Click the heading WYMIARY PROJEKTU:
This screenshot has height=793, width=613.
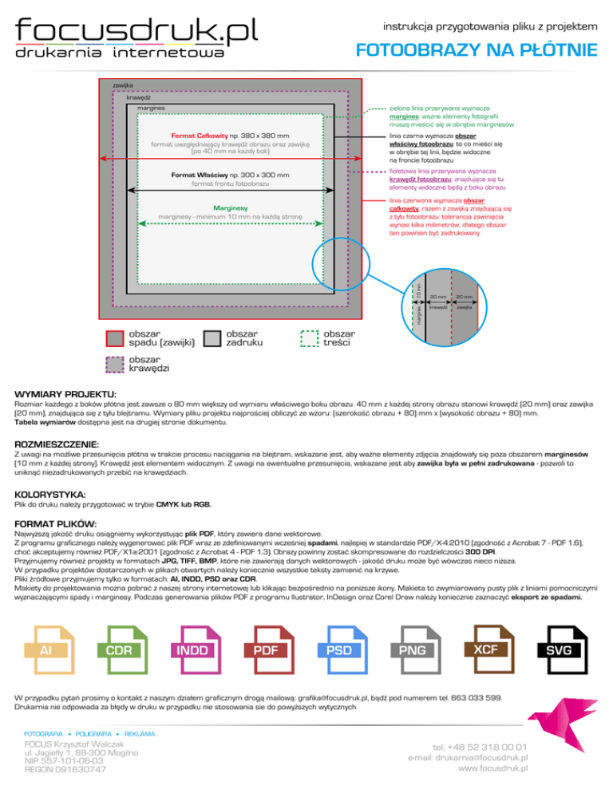65,395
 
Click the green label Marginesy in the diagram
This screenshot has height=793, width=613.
229,207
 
